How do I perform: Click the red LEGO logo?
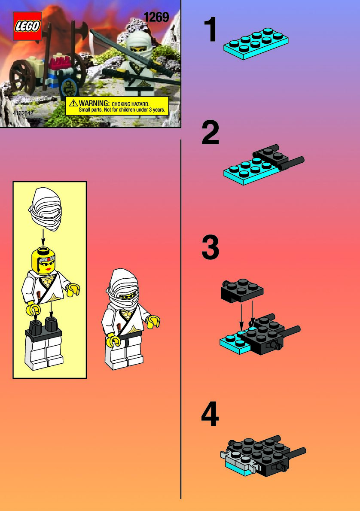(27, 26)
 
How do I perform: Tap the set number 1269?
(156, 17)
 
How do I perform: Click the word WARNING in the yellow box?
(94, 103)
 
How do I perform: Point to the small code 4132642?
(23, 113)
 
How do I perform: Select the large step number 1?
(211, 30)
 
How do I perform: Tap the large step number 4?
(210, 414)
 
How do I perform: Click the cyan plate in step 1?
(256, 44)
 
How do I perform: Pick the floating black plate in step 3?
(242, 290)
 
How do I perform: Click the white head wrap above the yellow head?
(46, 209)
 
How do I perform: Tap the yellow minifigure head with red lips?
(43, 260)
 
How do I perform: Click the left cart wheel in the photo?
(22, 76)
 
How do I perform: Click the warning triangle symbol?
(73, 103)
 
